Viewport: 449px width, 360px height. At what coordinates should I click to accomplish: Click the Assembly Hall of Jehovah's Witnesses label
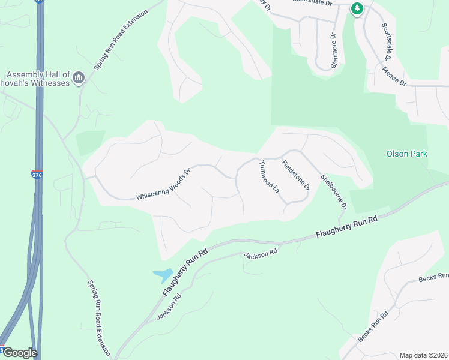click(35, 78)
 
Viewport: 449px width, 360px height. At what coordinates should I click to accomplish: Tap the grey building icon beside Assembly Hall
click(79, 77)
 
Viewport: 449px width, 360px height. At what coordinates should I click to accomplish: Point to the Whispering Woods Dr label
click(163, 184)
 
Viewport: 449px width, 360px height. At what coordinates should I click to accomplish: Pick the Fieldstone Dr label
click(295, 174)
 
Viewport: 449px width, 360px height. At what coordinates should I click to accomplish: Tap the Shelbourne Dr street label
click(334, 191)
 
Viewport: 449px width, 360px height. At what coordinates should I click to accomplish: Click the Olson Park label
click(407, 154)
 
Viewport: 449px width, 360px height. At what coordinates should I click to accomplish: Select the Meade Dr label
click(394, 77)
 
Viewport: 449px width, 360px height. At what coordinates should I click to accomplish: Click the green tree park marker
click(358, 8)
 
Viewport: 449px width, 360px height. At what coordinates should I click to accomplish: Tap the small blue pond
click(163, 275)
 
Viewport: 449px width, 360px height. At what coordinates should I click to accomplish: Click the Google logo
click(19, 353)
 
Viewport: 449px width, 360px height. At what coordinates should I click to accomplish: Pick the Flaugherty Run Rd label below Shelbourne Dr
click(346, 228)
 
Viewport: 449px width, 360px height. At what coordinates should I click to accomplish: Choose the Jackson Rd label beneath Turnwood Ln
click(261, 253)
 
